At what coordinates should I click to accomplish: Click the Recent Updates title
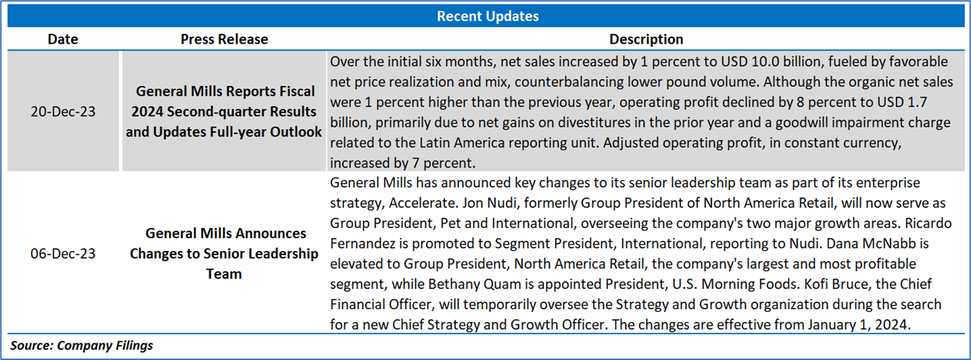coord(488,16)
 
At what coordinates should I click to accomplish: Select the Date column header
coord(63,39)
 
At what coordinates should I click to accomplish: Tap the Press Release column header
coord(224,39)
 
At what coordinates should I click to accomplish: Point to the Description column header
coord(646,39)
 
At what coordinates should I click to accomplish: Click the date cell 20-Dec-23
coord(63,111)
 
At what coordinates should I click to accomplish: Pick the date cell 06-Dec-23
coord(63,253)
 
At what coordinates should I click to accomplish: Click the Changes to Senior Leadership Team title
coord(224,253)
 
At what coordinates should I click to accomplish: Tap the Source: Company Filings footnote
coord(82,346)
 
